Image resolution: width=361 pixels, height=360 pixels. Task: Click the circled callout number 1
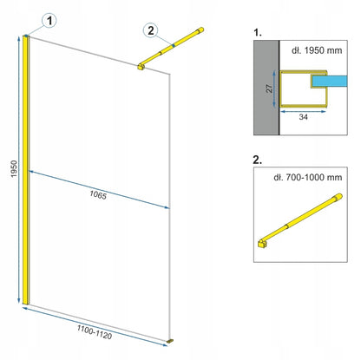tap(49, 21)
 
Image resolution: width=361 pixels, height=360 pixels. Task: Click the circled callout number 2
tap(151, 30)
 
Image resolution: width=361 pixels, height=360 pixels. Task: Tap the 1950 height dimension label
tap(14, 169)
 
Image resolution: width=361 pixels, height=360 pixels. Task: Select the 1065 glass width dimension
tap(98, 195)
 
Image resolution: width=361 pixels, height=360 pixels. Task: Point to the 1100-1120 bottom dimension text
tap(95, 331)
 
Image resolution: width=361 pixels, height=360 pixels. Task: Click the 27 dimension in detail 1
tap(269, 88)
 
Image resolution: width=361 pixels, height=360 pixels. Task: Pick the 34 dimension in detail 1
tap(303, 117)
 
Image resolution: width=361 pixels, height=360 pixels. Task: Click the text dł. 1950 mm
tap(317, 50)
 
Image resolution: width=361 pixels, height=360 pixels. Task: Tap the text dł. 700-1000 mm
tap(308, 177)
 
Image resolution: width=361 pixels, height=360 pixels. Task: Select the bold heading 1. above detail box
tap(258, 33)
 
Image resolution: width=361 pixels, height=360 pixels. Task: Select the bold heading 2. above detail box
tap(258, 160)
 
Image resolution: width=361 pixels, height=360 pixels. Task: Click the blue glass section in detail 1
tap(330, 82)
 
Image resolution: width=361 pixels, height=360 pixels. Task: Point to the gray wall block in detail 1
tap(266, 88)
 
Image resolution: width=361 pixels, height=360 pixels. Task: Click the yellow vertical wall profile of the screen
tap(26, 170)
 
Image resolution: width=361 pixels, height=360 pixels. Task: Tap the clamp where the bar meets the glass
tap(141, 67)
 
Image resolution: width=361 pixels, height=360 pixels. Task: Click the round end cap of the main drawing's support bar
tap(200, 30)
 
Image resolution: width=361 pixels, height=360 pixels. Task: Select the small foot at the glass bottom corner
tap(170, 342)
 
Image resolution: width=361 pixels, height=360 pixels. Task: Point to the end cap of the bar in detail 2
tap(338, 197)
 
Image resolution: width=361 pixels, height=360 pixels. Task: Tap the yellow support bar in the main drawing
tap(171, 48)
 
